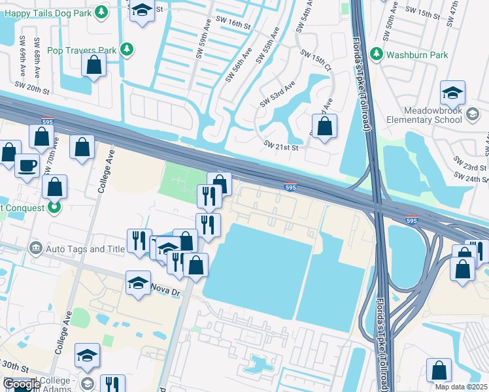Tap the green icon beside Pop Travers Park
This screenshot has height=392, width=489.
coord(127,50)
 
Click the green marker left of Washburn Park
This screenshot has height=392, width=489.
coord(377,54)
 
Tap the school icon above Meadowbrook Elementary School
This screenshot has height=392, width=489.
coord(452,93)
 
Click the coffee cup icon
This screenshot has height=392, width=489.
coord(27,165)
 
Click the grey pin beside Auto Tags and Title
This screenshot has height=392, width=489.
coord(35,248)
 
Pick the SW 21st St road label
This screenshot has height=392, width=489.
coord(281,146)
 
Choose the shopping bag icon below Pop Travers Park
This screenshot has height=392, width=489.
coord(93,64)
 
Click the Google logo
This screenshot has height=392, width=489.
coord(22,385)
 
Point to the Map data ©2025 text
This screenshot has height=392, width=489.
coord(460,387)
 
